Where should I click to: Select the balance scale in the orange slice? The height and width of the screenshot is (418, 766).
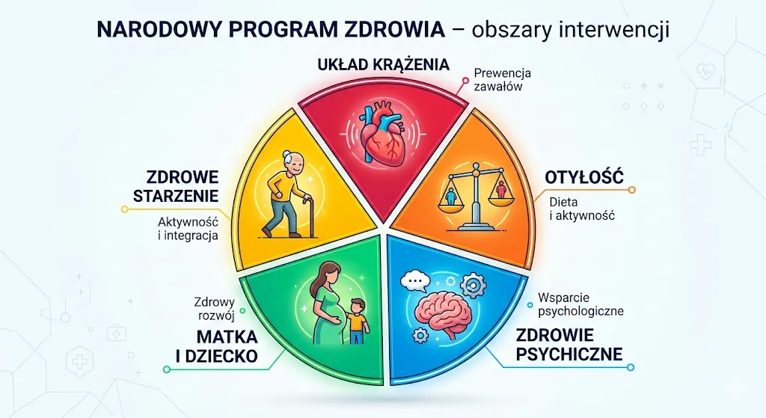point(473,197)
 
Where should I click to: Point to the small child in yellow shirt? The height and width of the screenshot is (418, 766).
point(358,321)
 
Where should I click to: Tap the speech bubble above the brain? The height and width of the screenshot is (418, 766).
point(414,280)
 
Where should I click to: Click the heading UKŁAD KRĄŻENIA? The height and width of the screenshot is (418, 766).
point(383,64)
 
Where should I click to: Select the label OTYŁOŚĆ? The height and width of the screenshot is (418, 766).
point(584,176)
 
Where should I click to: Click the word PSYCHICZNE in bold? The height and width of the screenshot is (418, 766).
point(569,354)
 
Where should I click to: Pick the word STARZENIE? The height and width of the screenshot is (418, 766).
point(176,196)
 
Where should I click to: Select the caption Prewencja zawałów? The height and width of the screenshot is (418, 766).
point(502,80)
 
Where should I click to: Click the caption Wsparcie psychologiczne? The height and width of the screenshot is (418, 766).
point(580,304)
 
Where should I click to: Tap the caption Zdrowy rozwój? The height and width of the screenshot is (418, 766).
point(215,309)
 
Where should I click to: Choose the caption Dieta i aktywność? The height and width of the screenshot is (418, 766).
point(582,209)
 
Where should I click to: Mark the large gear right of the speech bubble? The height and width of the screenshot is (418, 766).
point(471,283)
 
